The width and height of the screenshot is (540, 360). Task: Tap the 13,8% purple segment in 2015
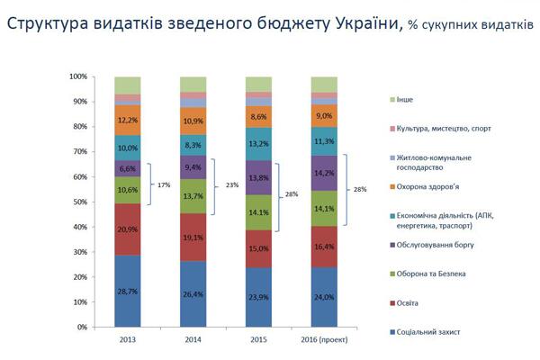(x=259, y=178)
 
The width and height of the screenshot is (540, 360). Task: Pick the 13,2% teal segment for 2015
(x=259, y=143)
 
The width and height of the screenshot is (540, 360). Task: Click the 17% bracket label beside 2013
(x=165, y=184)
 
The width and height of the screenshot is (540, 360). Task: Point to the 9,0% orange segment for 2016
(x=324, y=116)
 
